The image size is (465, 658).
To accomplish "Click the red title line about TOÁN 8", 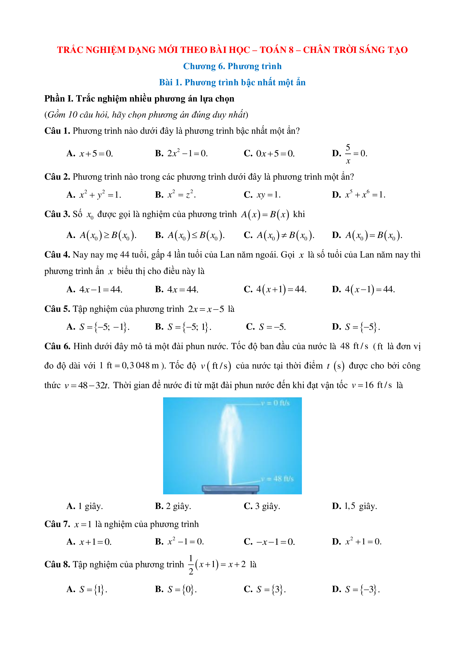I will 232,50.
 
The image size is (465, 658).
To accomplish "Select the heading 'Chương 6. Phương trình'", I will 232,66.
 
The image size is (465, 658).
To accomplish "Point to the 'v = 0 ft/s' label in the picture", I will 275,403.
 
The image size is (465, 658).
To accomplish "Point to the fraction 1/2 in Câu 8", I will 191,565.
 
